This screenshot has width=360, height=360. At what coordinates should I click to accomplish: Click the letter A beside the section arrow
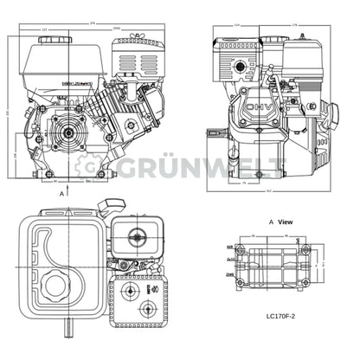[63, 196]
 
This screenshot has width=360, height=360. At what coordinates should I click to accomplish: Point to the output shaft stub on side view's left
[212, 133]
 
